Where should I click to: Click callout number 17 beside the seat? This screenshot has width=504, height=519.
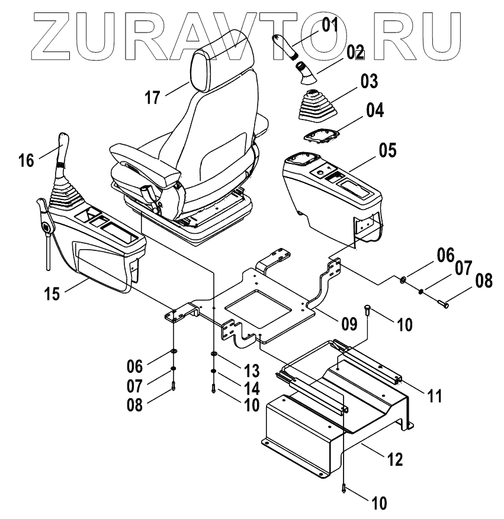[152, 96]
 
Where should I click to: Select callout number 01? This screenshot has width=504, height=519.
[329, 25]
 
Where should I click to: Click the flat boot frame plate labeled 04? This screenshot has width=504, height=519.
[320, 136]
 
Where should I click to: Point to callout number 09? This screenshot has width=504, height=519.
[349, 323]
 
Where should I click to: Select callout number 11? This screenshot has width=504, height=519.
[435, 396]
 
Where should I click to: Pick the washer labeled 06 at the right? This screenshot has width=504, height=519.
[403, 278]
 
